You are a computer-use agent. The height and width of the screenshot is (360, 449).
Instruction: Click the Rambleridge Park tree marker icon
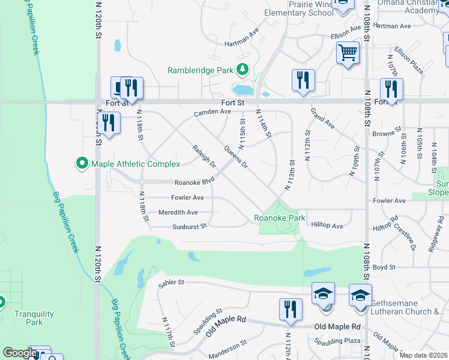coord(243,70)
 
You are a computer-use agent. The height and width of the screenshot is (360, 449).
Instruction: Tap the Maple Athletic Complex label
coord(135,164)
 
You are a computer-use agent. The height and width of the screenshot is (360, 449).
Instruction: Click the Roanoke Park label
coord(279,218)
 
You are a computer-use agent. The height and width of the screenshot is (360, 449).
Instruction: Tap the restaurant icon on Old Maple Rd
coord(291,309)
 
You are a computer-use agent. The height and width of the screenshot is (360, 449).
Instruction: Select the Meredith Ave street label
coord(178,212)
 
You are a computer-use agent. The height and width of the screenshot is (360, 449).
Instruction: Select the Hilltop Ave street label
coord(327,226)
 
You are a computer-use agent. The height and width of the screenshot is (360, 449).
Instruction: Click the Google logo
coord(20,353)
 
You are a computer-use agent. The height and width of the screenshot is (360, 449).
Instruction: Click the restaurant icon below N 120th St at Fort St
coord(108,123)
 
